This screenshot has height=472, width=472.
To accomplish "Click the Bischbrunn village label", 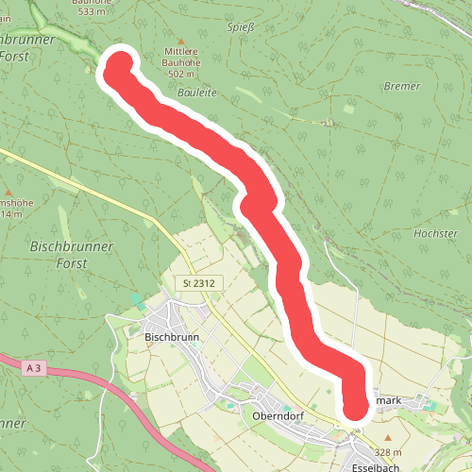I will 169,335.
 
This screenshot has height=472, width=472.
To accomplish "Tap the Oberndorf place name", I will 277,414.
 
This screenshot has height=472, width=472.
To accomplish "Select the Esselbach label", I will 351,464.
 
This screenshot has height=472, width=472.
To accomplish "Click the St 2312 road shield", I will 199,282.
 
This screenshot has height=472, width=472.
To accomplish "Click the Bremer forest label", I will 401,86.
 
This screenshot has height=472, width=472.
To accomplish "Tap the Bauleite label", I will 197,94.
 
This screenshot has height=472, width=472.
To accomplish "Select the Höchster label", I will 436,231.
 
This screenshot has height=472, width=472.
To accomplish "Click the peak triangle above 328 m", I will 388,438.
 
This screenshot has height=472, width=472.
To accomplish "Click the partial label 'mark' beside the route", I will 389,401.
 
